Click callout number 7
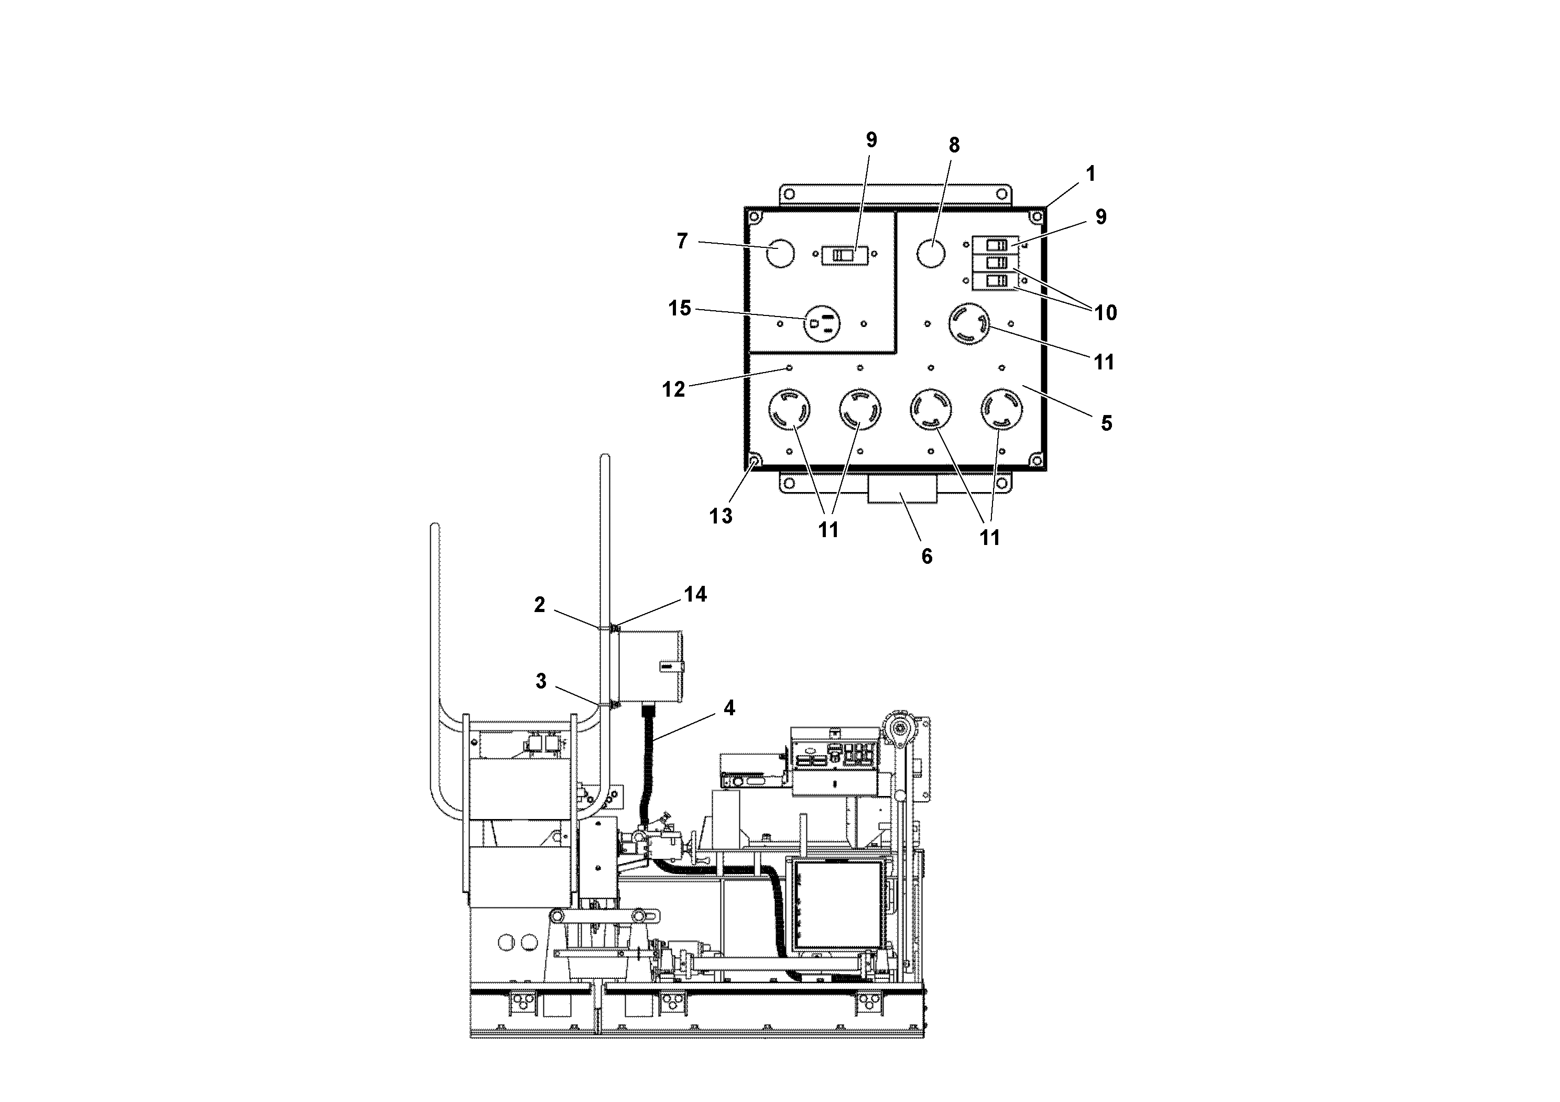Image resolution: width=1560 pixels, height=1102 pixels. pyautogui.click(x=682, y=241)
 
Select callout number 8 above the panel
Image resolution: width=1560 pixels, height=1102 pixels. pyautogui.click(x=954, y=145)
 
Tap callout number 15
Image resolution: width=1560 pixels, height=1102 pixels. pyautogui.click(x=680, y=309)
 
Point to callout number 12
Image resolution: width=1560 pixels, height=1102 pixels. pyautogui.click(x=674, y=389)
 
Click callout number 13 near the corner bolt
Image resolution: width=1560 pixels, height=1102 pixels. pyautogui.click(x=721, y=516)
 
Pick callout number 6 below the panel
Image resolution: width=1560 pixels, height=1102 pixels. pyautogui.click(x=927, y=557)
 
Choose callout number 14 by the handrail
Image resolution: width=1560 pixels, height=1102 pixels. pyautogui.click(x=695, y=594)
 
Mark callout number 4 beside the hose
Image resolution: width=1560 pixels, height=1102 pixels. pyautogui.click(x=729, y=708)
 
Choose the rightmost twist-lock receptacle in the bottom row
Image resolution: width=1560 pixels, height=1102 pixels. pyautogui.click(x=1002, y=410)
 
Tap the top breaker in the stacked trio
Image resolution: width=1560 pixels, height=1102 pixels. pyautogui.click(x=996, y=245)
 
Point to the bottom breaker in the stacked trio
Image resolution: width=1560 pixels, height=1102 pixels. pyautogui.click(x=996, y=281)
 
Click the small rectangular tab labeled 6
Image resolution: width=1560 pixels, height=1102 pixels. pyautogui.click(x=902, y=489)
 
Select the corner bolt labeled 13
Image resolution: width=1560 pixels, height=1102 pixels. pyautogui.click(x=754, y=463)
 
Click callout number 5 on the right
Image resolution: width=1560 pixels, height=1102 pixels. pyautogui.click(x=1106, y=424)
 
